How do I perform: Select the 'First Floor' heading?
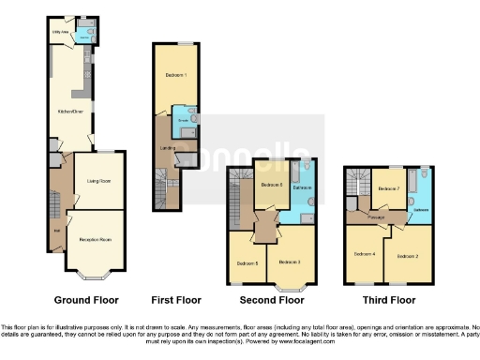tap(178, 301)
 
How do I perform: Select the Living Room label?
tap(99, 180)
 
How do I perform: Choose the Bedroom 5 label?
tap(247, 262)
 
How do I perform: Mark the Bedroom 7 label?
tap(388, 189)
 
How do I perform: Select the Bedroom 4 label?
tap(366, 254)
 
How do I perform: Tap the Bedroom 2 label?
tap(406, 255)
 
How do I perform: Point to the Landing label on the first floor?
tap(167, 147)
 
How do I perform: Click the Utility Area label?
tap(58, 31)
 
